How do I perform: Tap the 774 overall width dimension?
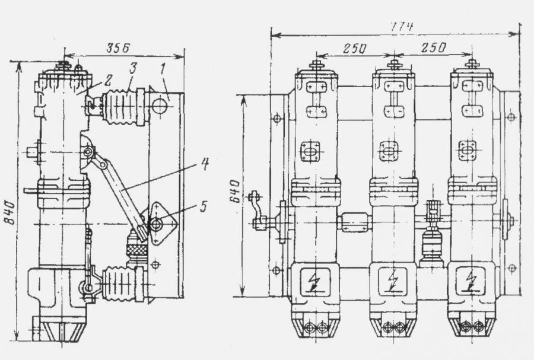pyautogui.click(x=401, y=27)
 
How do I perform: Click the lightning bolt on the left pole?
pyautogui.click(x=315, y=281)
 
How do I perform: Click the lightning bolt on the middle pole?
pyautogui.click(x=392, y=281)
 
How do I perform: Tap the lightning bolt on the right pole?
pyautogui.click(x=471, y=281)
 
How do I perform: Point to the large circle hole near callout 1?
pyautogui.click(x=159, y=106)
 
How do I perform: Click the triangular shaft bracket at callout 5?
pyautogui.click(x=158, y=224)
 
